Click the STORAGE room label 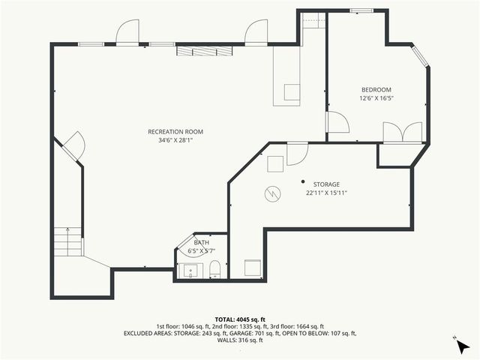pos(326,184)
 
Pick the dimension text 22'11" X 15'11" pos(326,193)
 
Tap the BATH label pos(202,243)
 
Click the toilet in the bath pos(214,268)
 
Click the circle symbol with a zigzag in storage pos(271,194)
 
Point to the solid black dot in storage pos(303,181)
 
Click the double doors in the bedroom pos(403,132)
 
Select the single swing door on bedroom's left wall pos(337,123)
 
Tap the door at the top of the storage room pos(298,152)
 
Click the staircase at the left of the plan pos(68,242)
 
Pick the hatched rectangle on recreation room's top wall pos(204,51)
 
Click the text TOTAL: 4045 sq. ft pos(239,319)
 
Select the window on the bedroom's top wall pos(361,10)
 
